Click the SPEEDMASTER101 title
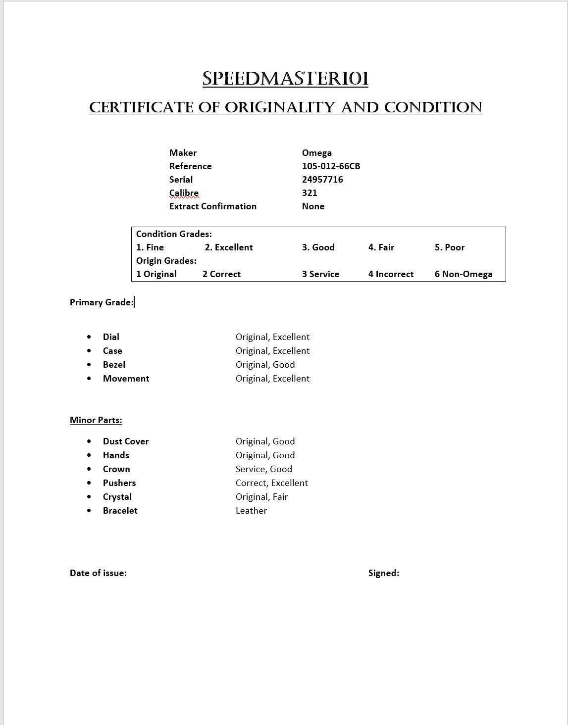click(285, 79)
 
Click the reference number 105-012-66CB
click(331, 166)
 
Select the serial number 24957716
click(322, 180)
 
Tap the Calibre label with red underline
click(184, 193)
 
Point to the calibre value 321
click(310, 193)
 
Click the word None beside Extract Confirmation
click(313, 206)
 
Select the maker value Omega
click(316, 153)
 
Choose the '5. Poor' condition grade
click(450, 247)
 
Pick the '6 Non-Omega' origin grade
click(464, 274)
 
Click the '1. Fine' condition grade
click(150, 247)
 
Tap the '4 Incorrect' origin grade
click(391, 274)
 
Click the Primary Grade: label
click(102, 302)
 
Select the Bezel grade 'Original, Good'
click(265, 365)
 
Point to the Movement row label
click(126, 379)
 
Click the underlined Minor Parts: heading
click(96, 420)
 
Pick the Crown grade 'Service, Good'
click(263, 469)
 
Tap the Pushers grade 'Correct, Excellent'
click(271, 483)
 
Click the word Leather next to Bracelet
click(251, 511)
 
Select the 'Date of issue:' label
click(98, 573)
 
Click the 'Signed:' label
click(383, 573)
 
